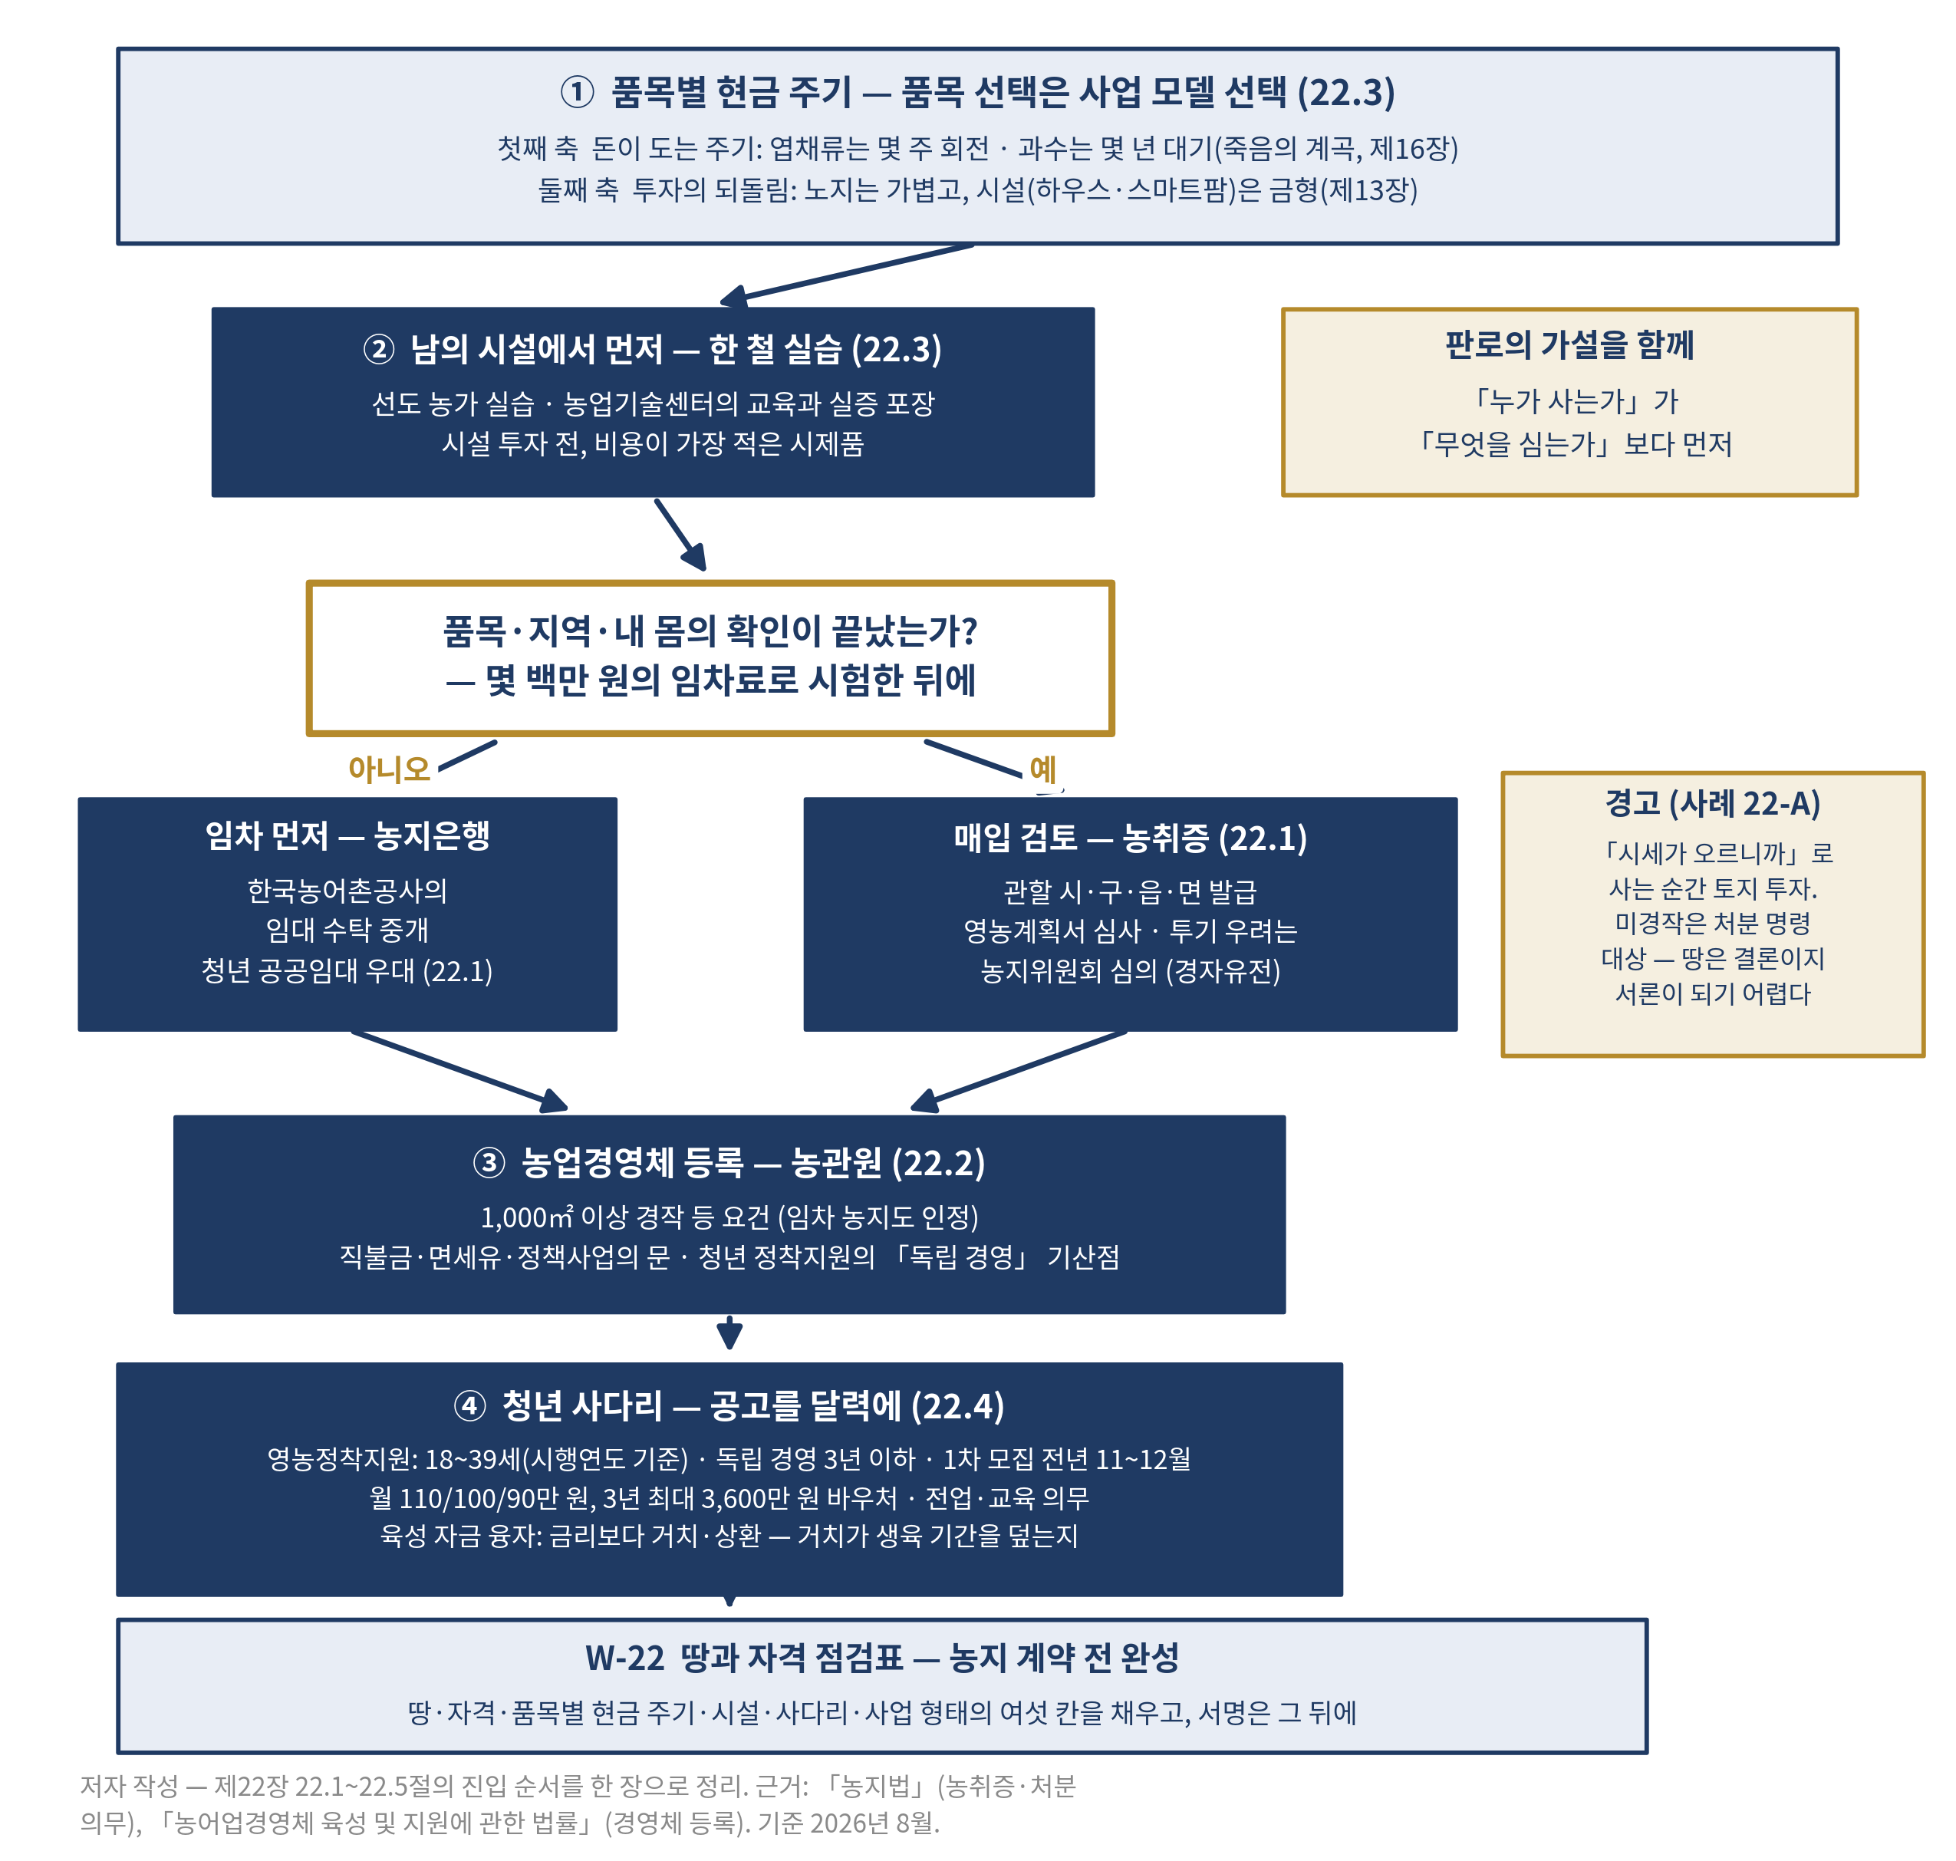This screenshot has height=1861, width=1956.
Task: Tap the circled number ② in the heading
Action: [379, 349]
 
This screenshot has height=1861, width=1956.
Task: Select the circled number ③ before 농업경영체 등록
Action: [489, 1161]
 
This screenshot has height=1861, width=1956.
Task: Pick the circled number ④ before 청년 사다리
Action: [469, 1405]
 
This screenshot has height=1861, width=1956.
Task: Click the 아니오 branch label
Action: [389, 769]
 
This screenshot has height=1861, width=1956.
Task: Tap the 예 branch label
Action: [1042, 768]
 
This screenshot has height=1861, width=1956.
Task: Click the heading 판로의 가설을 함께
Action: [1569, 344]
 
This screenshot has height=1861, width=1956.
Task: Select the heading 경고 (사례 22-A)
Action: [1712, 803]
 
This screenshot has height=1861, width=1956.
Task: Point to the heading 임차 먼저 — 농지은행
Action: [347, 835]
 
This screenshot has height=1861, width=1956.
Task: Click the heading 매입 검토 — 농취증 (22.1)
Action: [1130, 838]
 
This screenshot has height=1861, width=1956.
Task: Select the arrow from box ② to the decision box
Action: [680, 535]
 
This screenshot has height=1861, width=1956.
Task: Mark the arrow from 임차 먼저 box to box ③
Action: [459, 1070]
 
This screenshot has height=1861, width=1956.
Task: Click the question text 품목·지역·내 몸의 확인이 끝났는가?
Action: [710, 631]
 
